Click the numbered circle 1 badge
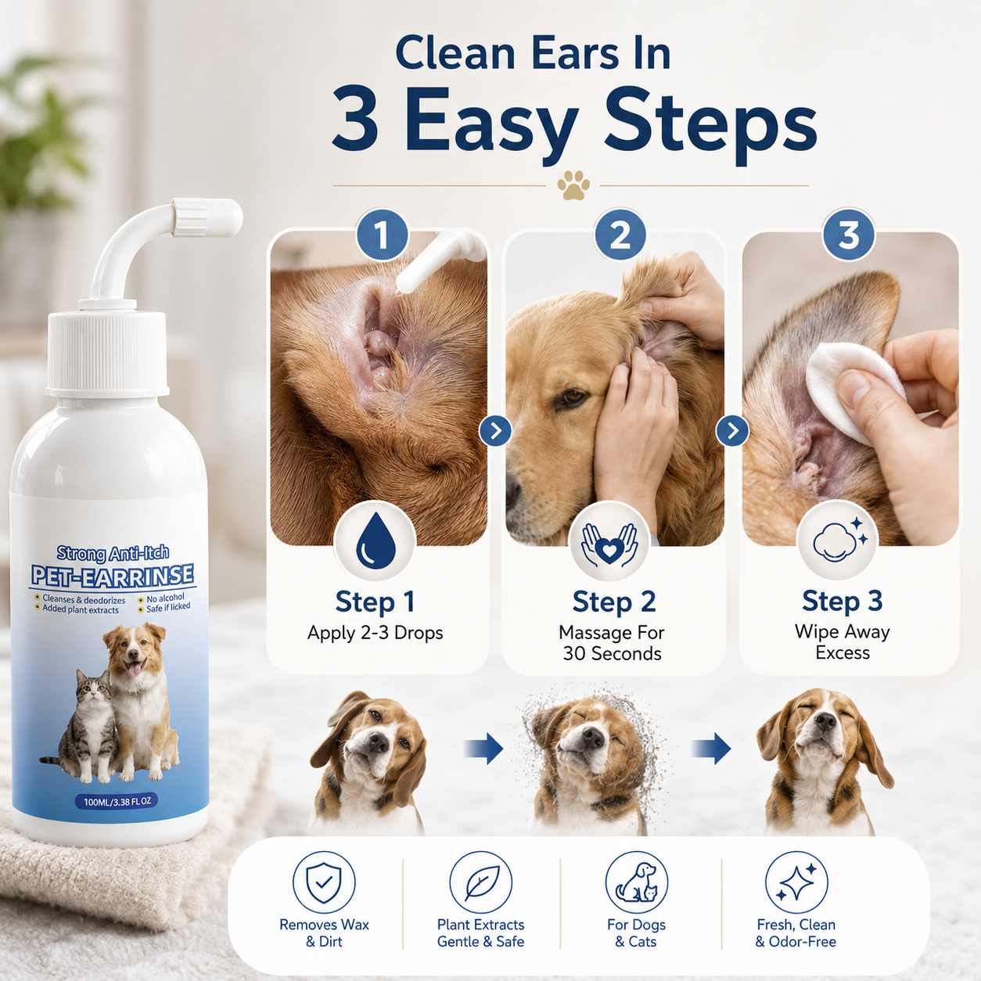point(383,236)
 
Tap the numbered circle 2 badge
point(620,235)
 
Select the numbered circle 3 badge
point(849,235)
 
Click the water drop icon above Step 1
point(375,540)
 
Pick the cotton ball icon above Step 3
point(840,540)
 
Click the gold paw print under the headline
point(573,185)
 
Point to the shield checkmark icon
point(324,883)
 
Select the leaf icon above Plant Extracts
point(480,883)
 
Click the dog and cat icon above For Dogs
point(636,883)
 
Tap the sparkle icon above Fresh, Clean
point(796,883)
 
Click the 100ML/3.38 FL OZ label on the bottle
point(117,802)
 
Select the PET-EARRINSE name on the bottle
point(112,575)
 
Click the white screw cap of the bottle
point(107,353)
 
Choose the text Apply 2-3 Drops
point(376,633)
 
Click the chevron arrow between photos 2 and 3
point(732,431)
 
